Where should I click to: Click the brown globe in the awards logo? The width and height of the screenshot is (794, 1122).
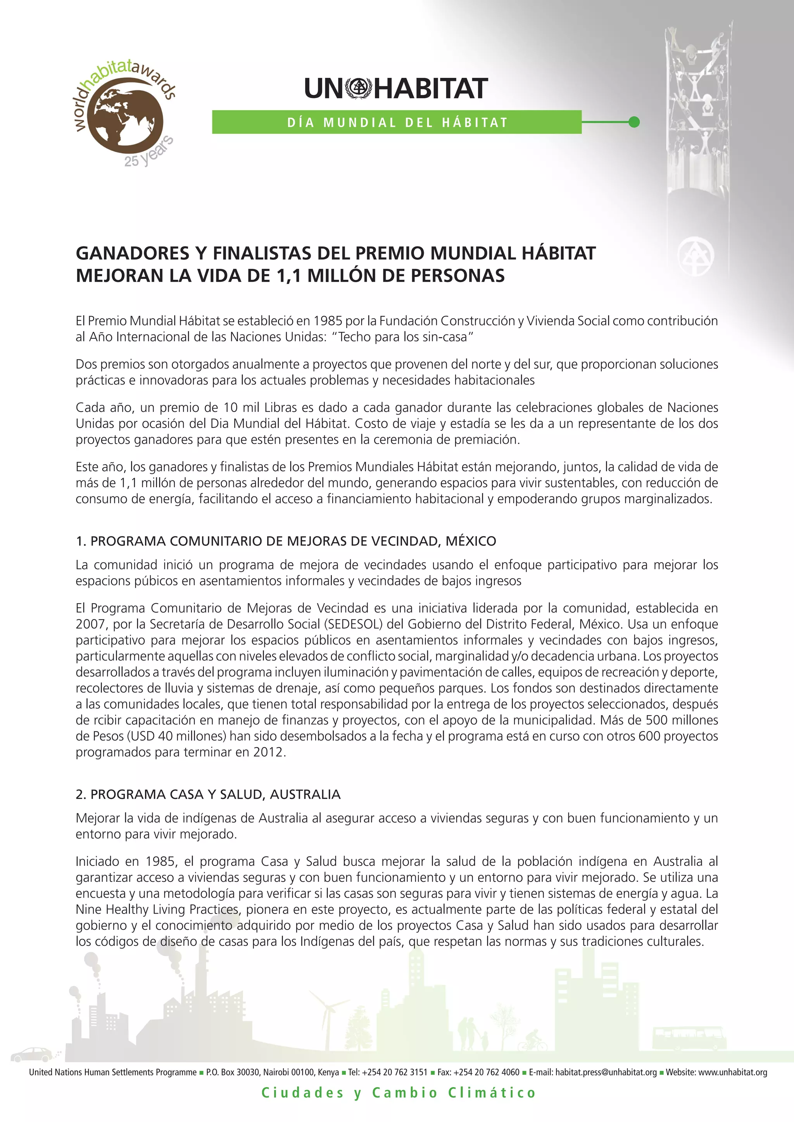[x=128, y=120]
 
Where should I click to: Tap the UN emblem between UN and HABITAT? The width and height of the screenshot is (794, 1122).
[x=359, y=88]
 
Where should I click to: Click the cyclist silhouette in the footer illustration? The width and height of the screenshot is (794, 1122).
[x=532, y=1041]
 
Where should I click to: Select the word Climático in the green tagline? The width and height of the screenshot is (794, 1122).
[x=492, y=1093]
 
